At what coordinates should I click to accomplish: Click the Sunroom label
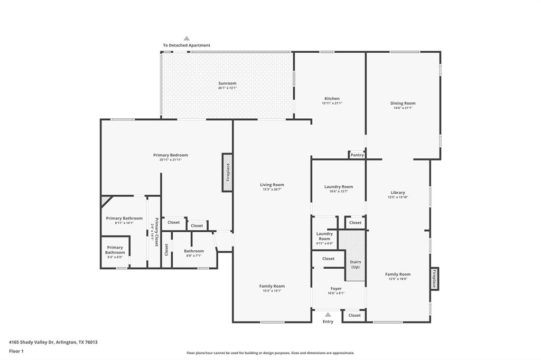227,83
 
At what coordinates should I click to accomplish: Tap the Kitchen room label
332,99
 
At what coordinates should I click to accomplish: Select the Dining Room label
403,103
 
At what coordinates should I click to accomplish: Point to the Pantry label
357,155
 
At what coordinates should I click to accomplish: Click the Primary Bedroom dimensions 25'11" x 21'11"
171,160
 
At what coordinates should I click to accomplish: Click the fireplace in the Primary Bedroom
227,173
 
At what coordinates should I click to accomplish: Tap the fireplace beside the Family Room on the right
434,278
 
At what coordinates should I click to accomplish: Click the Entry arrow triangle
328,315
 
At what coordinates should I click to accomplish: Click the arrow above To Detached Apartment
186,39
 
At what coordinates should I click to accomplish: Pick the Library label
398,193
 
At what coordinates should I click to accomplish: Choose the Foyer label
336,289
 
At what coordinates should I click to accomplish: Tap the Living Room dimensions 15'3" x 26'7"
272,190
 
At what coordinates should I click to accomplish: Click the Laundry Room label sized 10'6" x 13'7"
339,187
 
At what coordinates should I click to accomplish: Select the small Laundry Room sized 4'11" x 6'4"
324,238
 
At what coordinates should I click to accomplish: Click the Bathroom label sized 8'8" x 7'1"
194,251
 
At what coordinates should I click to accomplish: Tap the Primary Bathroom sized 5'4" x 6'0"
115,250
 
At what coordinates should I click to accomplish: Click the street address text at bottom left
53,342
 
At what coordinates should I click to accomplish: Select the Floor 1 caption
16,351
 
